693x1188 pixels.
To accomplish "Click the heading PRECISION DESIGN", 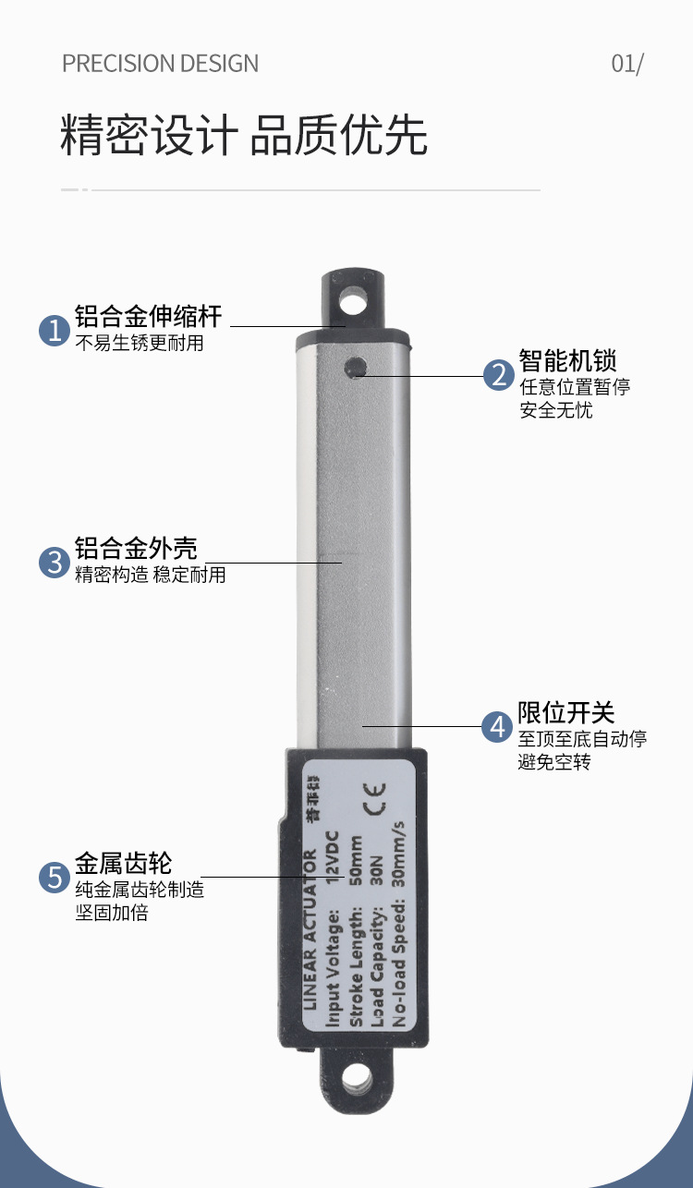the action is point(160,64).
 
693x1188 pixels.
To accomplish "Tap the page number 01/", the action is point(627,64).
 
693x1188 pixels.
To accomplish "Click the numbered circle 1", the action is point(55,331).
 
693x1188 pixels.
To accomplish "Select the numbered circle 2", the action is point(499,375).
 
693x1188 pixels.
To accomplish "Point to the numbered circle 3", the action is point(55,563).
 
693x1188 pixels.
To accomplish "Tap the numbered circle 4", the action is point(497,727).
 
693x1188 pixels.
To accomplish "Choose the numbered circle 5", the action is point(55,878).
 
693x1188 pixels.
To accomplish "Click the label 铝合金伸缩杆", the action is point(148,317).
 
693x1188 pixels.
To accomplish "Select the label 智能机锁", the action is point(567,361).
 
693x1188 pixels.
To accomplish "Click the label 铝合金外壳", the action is point(136,549).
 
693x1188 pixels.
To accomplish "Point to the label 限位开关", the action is point(566,713).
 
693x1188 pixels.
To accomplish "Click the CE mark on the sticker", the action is point(374,799).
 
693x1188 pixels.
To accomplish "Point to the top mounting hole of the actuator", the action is point(354,303).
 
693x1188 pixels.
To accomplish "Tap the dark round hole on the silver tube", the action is point(355,367).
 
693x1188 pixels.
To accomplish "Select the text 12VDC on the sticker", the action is point(333,857).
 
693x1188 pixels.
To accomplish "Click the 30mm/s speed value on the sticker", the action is point(398,855).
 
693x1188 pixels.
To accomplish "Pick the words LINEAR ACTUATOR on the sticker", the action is point(310,930).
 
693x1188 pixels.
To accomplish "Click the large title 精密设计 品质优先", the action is point(244,135).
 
